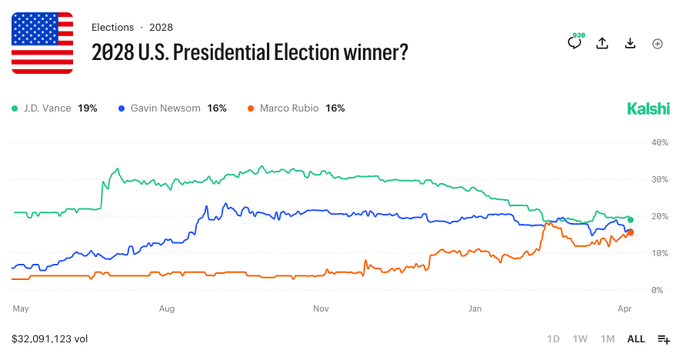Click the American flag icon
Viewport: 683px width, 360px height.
point(42,43)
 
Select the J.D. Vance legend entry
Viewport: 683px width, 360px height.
point(54,108)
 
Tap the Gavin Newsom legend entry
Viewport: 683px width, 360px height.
point(172,108)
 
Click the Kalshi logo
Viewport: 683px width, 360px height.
point(648,108)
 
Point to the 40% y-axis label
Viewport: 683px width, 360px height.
point(658,142)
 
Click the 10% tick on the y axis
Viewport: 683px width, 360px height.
point(658,253)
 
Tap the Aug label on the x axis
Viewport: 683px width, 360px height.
point(167,308)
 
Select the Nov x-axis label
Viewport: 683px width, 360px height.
point(322,308)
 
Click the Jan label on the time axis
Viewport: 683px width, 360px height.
point(475,308)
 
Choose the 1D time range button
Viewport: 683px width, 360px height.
point(553,339)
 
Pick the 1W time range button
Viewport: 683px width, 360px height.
point(580,339)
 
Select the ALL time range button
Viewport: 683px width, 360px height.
point(636,339)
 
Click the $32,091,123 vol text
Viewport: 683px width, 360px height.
point(50,338)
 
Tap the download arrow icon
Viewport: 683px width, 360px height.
point(630,44)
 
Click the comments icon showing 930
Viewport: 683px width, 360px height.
point(575,42)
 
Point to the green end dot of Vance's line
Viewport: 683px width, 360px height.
point(630,220)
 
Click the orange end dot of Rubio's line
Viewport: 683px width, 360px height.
point(631,232)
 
